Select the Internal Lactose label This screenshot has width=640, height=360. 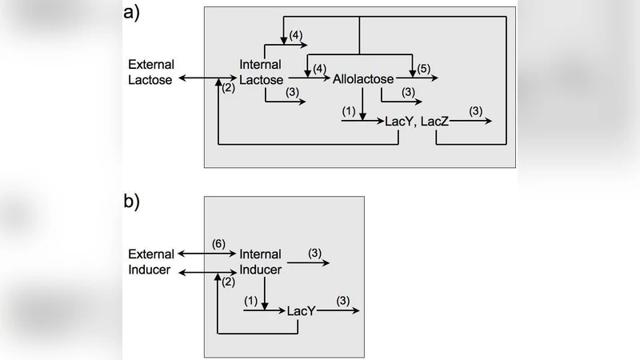pos(262,71)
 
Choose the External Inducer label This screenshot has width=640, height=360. pos(150,262)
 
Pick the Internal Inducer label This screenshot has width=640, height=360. pos(261,262)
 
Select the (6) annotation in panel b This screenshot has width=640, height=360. pos(218,243)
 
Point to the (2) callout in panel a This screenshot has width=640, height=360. pos(228,88)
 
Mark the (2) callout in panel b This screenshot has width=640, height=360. pos(228,281)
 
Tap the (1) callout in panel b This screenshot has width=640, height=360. pos(251,302)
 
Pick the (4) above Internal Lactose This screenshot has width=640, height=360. pos(295,34)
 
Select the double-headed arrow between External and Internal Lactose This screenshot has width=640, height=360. pos(207,78)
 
